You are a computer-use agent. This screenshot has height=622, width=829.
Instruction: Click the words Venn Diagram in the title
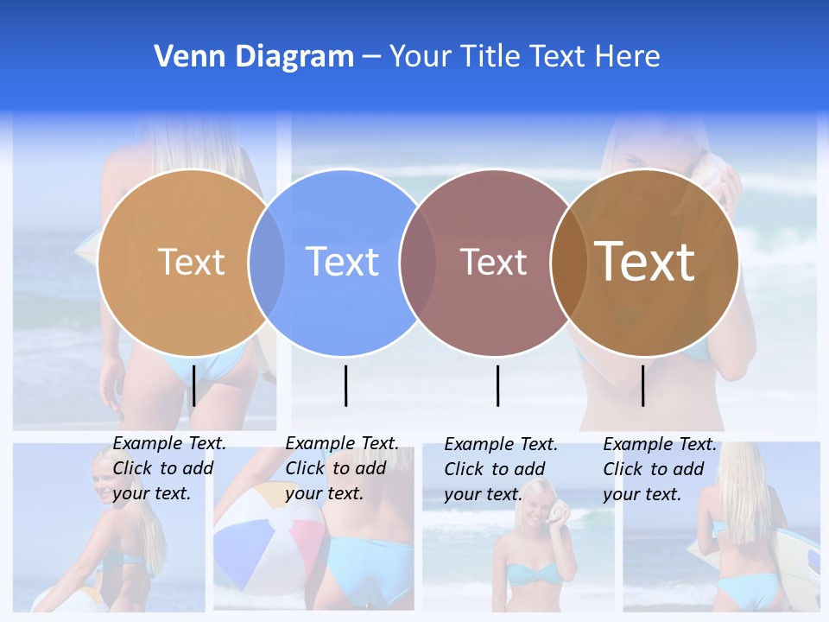[x=254, y=57]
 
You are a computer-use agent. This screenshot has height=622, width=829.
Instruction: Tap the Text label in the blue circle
[x=343, y=262]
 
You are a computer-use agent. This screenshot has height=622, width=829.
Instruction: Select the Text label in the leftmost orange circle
[x=191, y=262]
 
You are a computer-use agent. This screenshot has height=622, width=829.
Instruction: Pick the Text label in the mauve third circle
[x=493, y=262]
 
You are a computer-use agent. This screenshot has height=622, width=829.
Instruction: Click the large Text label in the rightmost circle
[x=645, y=262]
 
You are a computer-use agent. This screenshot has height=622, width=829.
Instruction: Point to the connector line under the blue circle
[x=345, y=385]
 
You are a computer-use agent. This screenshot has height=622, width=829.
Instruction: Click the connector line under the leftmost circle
[x=194, y=385]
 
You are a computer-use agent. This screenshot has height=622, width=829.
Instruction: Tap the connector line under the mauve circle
[x=498, y=385]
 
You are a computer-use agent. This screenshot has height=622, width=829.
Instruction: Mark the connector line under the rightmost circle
[x=642, y=385]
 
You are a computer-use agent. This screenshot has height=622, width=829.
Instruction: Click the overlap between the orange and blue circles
[x=267, y=263]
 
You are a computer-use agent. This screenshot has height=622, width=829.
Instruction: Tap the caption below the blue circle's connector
[x=341, y=468]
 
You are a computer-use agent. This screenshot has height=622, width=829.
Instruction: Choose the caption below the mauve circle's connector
[x=500, y=469]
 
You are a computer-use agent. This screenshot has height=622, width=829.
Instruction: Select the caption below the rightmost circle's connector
[x=659, y=469]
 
